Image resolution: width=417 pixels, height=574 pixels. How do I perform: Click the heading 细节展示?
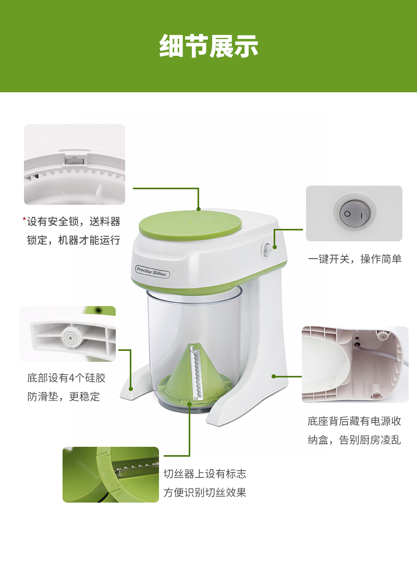click(208, 46)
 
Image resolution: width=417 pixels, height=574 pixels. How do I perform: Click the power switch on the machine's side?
click(266, 251)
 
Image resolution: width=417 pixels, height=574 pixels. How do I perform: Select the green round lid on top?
click(190, 224)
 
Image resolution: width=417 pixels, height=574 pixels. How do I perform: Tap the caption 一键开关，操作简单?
click(355, 259)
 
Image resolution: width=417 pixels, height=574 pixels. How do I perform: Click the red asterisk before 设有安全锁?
click(24, 219)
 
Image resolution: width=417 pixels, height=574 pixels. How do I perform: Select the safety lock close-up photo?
click(75, 164)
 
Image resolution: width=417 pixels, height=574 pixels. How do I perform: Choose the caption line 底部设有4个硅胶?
click(66, 378)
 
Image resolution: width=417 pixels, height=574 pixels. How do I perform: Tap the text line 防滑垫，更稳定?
click(64, 396)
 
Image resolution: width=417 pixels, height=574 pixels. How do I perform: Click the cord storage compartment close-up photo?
click(355, 364)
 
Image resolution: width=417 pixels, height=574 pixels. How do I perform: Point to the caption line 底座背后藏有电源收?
click(354, 421)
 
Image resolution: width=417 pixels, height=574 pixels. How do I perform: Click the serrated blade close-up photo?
click(111, 474)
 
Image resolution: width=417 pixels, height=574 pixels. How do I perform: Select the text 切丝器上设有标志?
click(205, 474)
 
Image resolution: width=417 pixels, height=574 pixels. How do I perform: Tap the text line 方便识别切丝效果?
click(205, 493)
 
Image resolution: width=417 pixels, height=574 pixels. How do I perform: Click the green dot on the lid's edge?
click(199, 209)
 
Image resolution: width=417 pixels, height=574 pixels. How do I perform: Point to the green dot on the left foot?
click(131, 389)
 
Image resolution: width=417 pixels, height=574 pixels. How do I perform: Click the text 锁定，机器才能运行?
click(73, 240)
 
